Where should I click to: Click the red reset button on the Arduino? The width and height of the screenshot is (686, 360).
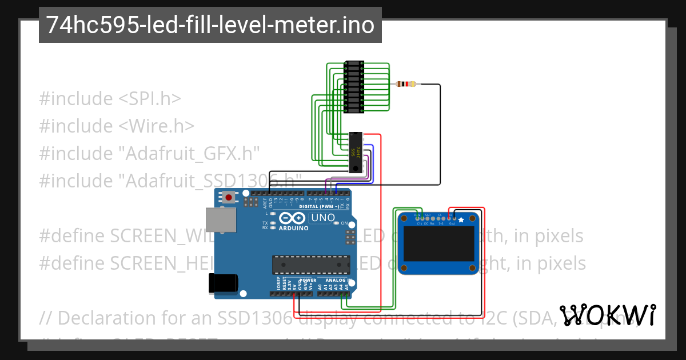click(x=229, y=198)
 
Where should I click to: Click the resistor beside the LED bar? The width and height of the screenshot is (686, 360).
click(x=405, y=85)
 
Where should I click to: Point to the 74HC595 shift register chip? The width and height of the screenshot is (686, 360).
click(x=357, y=152)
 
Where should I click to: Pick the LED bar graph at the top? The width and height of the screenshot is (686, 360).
click(x=354, y=86)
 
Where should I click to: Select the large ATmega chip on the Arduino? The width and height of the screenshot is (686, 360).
click(x=310, y=265)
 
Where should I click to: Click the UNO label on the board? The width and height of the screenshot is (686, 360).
click(x=322, y=218)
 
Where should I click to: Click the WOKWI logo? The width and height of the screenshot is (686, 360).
click(x=607, y=315)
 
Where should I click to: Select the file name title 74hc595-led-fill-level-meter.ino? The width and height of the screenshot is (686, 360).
click(x=210, y=25)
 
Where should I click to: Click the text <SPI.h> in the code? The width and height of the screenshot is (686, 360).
click(x=150, y=98)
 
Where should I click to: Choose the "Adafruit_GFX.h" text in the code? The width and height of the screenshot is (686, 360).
click(x=189, y=153)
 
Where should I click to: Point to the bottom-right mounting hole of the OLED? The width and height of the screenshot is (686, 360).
click(x=472, y=268)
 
